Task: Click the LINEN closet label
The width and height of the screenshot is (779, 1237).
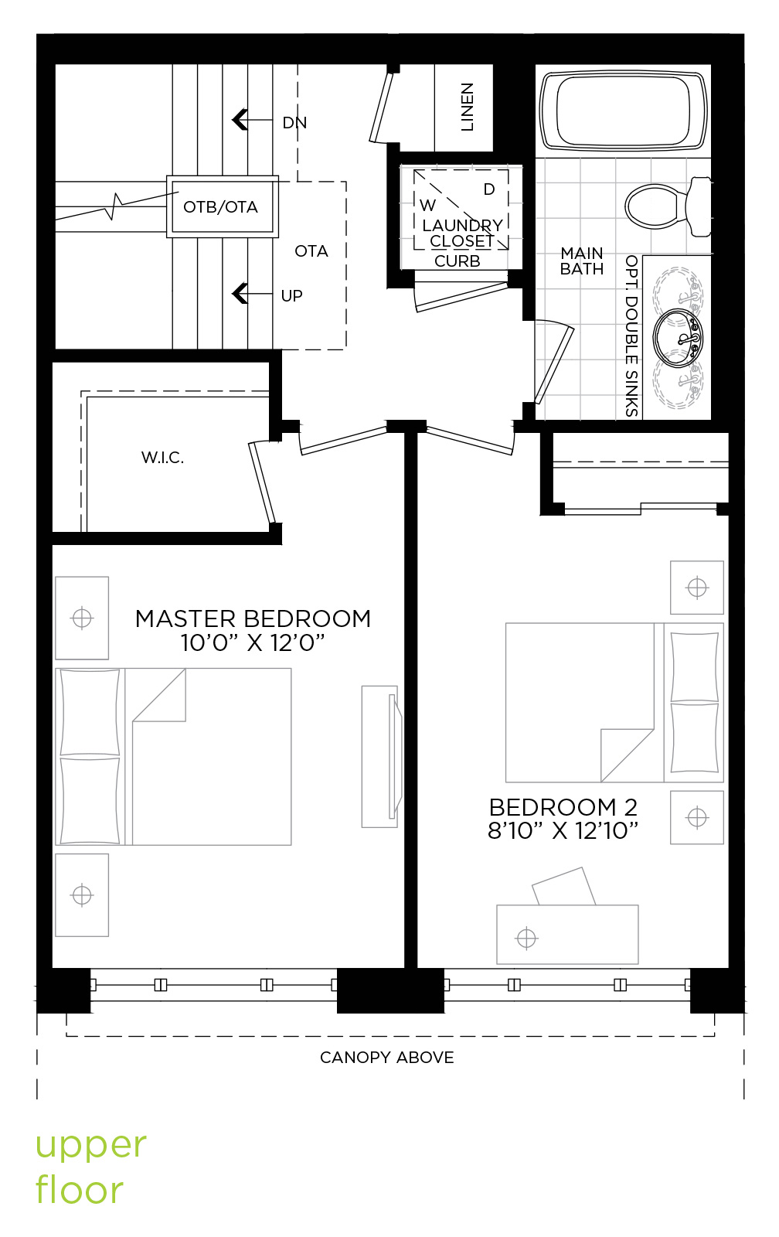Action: (x=467, y=107)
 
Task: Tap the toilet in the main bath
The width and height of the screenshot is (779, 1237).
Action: (x=668, y=206)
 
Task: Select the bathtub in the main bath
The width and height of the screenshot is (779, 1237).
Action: (x=624, y=111)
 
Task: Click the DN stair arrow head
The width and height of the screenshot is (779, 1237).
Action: (x=239, y=120)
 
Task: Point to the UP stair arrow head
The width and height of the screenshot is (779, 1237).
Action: (x=239, y=293)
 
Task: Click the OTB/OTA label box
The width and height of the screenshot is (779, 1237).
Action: (x=222, y=206)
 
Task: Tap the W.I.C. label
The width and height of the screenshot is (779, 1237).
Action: (x=162, y=457)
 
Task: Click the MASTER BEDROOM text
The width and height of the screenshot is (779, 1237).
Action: (x=253, y=618)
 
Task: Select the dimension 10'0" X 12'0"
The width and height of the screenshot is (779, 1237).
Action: (x=253, y=642)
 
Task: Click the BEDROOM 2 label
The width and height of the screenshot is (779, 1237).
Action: (x=563, y=807)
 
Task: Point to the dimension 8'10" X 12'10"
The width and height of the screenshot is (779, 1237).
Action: (x=563, y=830)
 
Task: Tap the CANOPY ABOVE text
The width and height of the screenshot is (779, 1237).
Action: (x=387, y=1058)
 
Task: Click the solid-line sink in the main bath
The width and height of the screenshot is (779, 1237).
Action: (x=678, y=337)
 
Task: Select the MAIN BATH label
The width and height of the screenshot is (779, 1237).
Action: (x=582, y=261)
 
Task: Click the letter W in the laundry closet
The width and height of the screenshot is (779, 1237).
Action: (x=428, y=206)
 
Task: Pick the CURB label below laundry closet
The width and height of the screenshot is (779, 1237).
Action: (x=458, y=261)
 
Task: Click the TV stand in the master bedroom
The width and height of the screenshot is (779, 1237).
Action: (x=382, y=757)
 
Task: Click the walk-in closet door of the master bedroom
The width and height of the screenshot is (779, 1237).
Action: (x=262, y=482)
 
